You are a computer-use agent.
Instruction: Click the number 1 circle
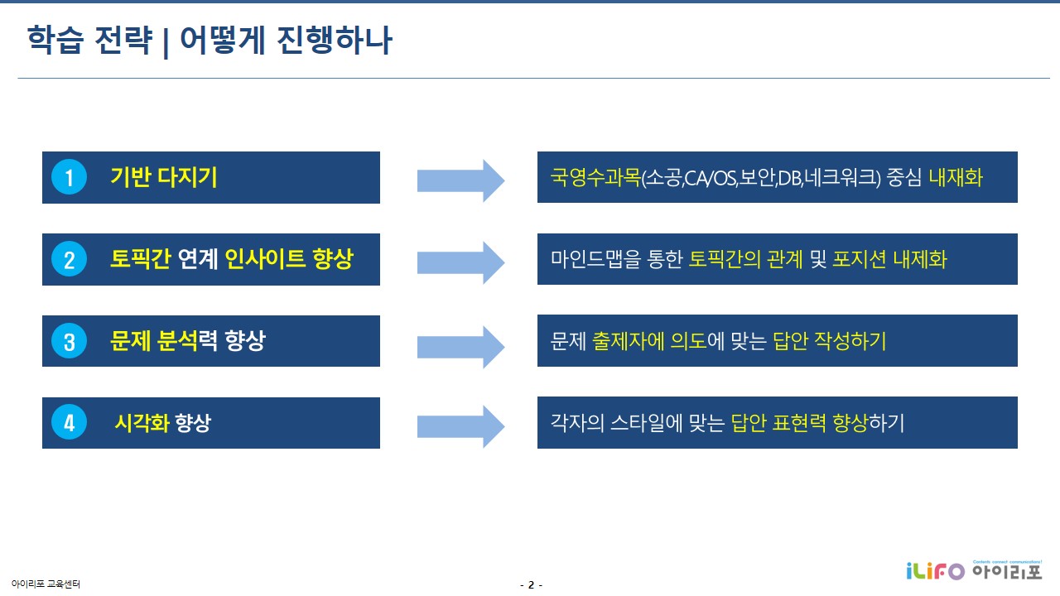pos(70,178)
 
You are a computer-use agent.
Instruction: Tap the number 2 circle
pos(70,260)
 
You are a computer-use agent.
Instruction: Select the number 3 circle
pos(70,341)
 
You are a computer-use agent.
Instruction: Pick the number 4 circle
pos(70,423)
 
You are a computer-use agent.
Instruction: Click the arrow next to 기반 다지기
pos(460,180)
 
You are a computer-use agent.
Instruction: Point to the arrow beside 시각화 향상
pos(460,425)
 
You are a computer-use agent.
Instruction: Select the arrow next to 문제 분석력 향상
pos(460,344)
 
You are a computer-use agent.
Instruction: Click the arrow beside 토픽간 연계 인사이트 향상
pos(460,262)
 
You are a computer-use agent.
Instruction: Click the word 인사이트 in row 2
pos(265,260)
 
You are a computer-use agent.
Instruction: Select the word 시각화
pos(142,423)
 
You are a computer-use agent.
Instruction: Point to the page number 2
pos(531,585)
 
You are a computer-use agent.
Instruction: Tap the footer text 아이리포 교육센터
pos(46,584)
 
